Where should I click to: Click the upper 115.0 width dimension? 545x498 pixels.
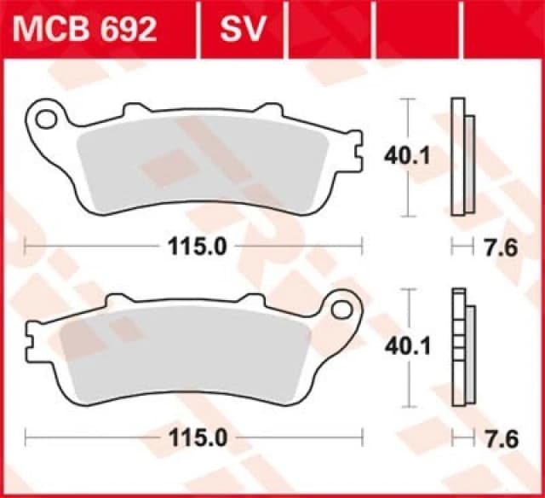193,247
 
